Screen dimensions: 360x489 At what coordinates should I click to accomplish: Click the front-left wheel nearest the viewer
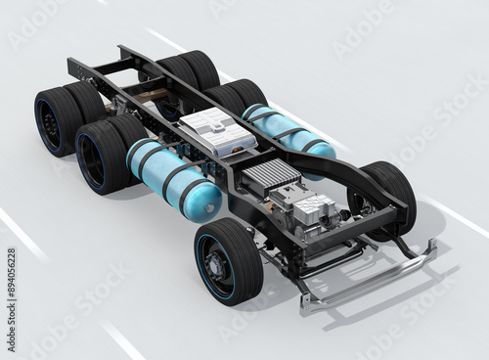[x=228, y=261]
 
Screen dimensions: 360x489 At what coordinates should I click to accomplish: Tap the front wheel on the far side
[x=384, y=196]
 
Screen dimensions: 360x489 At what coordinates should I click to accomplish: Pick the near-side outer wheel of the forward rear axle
[x=102, y=157]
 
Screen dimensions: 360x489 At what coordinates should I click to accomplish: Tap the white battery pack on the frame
[x=217, y=131]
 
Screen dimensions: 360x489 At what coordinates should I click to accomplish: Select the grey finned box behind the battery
[x=271, y=176]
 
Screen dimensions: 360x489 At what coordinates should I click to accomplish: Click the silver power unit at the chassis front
[x=313, y=209]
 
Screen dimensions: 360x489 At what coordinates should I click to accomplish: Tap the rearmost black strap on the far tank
[x=256, y=116]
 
